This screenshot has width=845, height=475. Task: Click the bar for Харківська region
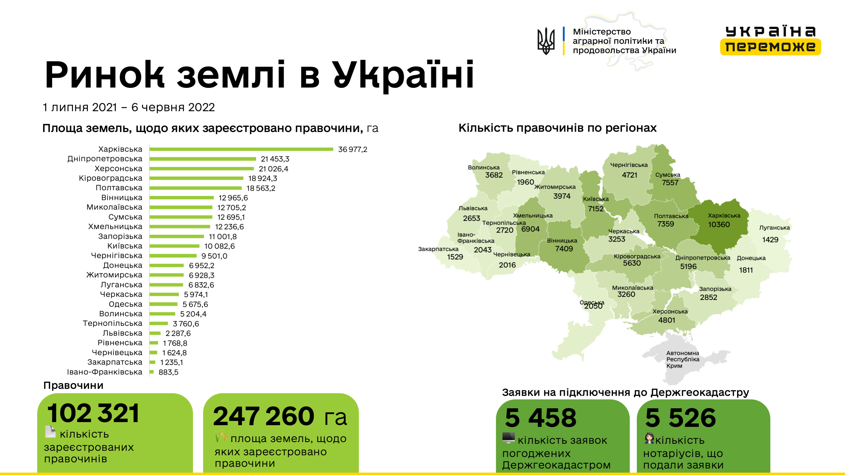[x=241, y=149]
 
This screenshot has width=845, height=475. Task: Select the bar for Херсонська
[x=201, y=168]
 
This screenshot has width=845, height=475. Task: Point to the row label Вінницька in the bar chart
[x=122, y=198]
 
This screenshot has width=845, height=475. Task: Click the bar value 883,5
[x=168, y=372]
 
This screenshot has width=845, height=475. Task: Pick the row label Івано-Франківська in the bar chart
[x=105, y=372]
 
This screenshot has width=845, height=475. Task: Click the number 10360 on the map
[x=719, y=225]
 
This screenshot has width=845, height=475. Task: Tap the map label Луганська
[x=774, y=228]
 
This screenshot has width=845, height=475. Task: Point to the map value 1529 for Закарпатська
[x=455, y=257]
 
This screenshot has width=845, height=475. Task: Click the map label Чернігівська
[x=629, y=165]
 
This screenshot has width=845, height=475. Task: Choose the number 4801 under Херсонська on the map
[x=667, y=320]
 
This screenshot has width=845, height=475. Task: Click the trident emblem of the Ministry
[x=546, y=41]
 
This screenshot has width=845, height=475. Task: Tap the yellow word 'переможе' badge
[x=770, y=46]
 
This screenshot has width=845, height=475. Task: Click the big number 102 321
[x=94, y=413]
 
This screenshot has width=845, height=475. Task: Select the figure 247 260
[x=264, y=416]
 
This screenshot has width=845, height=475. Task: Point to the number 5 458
[x=541, y=418]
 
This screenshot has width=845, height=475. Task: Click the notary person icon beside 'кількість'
[x=649, y=438]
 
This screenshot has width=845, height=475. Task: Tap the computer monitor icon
[x=509, y=438]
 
